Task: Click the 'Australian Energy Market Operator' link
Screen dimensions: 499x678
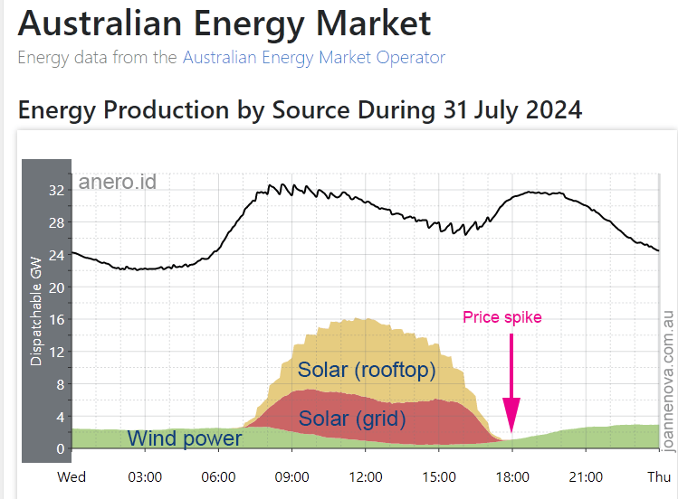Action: coord(314,58)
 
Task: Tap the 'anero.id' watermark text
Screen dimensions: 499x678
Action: coord(118,182)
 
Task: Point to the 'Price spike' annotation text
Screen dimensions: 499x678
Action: coord(501,317)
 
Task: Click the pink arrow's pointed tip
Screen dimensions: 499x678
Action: coord(511,433)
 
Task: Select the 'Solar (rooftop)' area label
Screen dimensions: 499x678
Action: coord(367,370)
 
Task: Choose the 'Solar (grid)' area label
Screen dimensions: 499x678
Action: coord(352,419)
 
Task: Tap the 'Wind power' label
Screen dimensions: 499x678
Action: coord(185,439)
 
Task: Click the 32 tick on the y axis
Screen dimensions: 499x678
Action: coord(56,191)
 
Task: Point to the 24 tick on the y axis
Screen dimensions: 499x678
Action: coord(56,255)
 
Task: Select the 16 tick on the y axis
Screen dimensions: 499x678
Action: coord(56,320)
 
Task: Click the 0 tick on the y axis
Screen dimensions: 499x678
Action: coord(60,449)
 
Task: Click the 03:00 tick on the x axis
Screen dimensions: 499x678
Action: coord(145,477)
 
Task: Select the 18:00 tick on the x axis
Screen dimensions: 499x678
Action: coord(511,477)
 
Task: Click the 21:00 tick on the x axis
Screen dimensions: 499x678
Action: coord(585,477)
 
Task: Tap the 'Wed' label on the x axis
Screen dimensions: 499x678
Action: coord(72,477)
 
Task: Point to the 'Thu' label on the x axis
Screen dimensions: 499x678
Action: coord(658,477)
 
